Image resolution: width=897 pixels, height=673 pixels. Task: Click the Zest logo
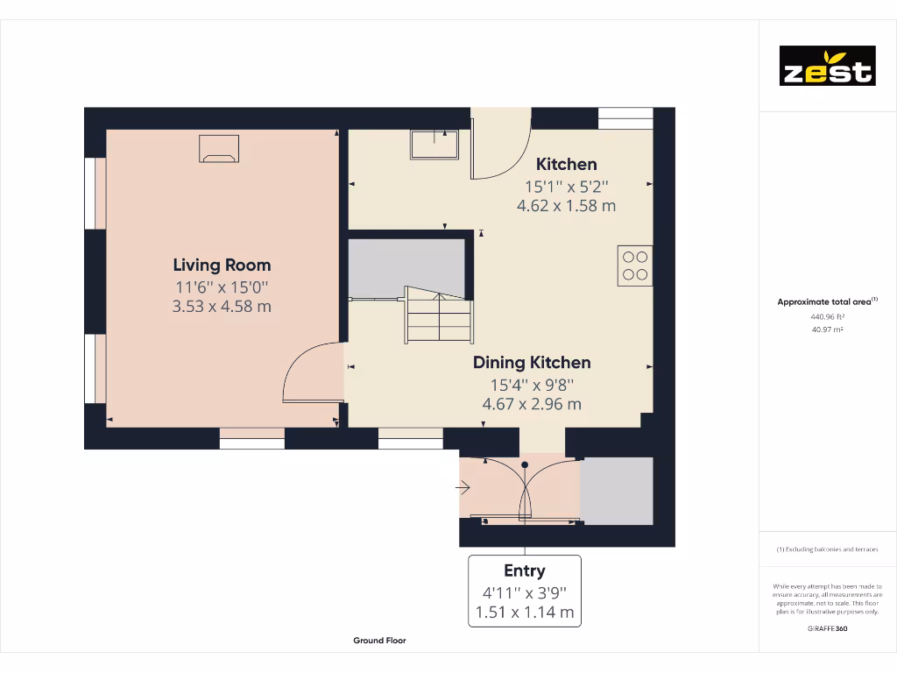(827, 66)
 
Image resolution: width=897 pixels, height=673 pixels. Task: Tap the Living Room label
(222, 265)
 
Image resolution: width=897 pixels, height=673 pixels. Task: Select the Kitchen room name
(566, 164)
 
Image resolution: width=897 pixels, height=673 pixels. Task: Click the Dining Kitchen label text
(532, 362)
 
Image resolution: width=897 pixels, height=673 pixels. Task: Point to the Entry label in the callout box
(524, 571)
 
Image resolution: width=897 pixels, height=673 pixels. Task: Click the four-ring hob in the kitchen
(635, 266)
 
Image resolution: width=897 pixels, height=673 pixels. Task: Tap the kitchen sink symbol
(434, 145)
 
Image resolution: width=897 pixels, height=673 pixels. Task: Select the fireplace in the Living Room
(219, 149)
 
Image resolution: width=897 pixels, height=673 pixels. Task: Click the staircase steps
(438, 317)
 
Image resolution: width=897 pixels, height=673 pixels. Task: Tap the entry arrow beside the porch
(463, 489)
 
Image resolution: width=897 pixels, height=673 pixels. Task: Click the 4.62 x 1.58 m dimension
(566, 206)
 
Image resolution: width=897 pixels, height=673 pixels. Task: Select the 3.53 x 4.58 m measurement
(222, 307)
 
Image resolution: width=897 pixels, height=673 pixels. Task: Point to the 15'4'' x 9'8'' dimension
(532, 384)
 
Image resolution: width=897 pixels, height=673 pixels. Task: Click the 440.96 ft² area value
(827, 316)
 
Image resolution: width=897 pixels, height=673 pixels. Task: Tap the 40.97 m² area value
(827, 329)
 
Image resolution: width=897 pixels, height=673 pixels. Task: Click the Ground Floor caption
(379, 641)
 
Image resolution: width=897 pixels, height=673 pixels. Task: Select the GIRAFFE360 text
(827, 628)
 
